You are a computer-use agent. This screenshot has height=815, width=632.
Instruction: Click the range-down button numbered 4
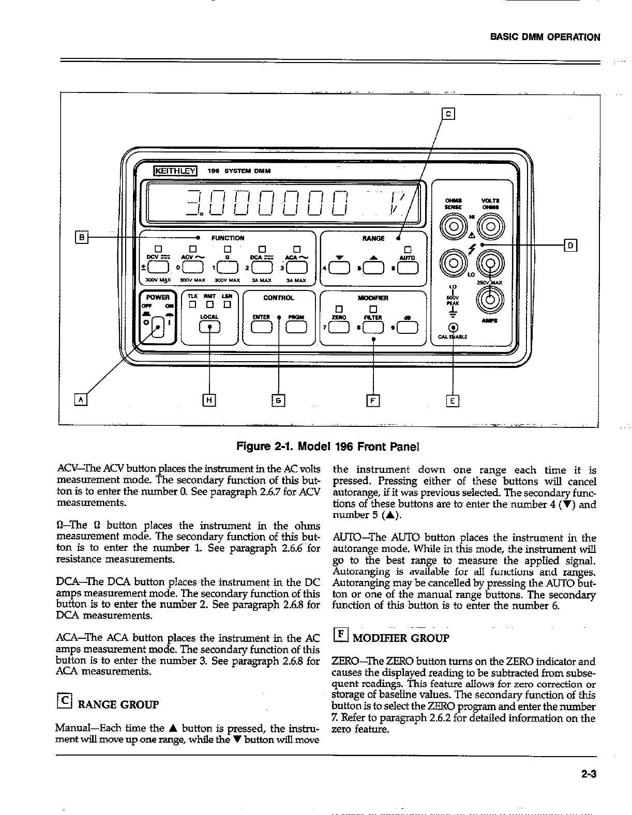(339, 267)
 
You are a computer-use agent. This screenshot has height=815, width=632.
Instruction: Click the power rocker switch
(159, 327)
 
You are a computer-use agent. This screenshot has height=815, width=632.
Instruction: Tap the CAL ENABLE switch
(454, 327)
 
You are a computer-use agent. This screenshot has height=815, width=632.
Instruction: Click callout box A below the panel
(82, 399)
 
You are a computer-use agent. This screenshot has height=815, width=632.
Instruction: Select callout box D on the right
(570, 245)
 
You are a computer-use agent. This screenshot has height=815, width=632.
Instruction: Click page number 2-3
(589, 774)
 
